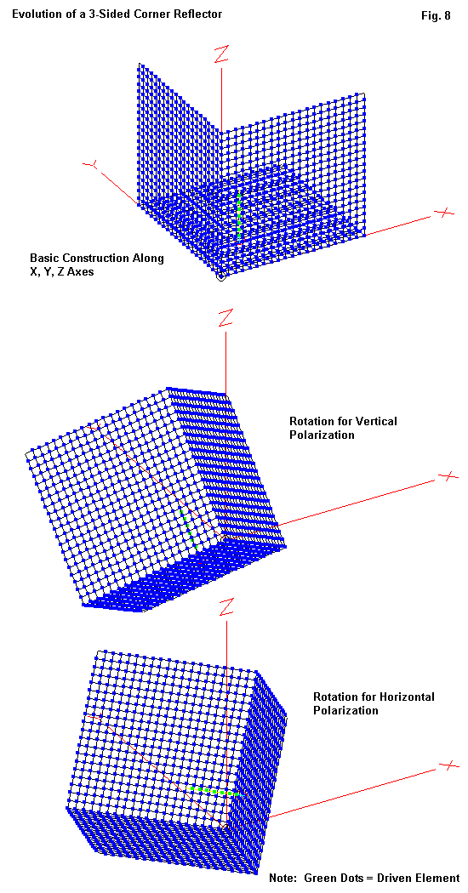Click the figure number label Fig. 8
[436, 16]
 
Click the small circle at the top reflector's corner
[222, 277]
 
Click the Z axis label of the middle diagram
[225, 318]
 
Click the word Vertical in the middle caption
[377, 422]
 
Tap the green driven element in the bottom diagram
[214, 791]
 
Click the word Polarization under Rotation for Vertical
[322, 435]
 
